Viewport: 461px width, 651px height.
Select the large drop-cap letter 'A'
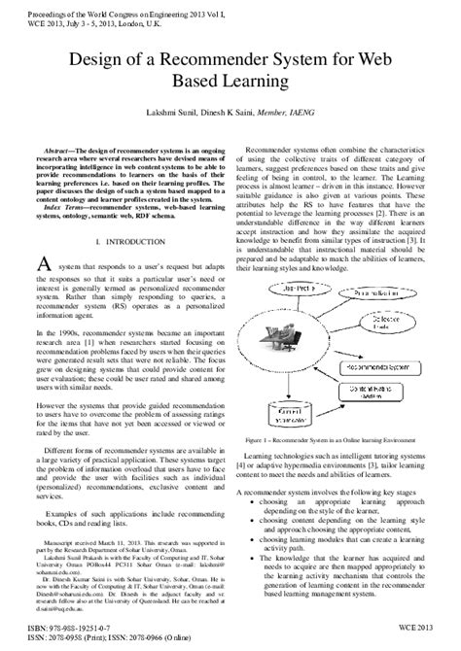42,265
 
